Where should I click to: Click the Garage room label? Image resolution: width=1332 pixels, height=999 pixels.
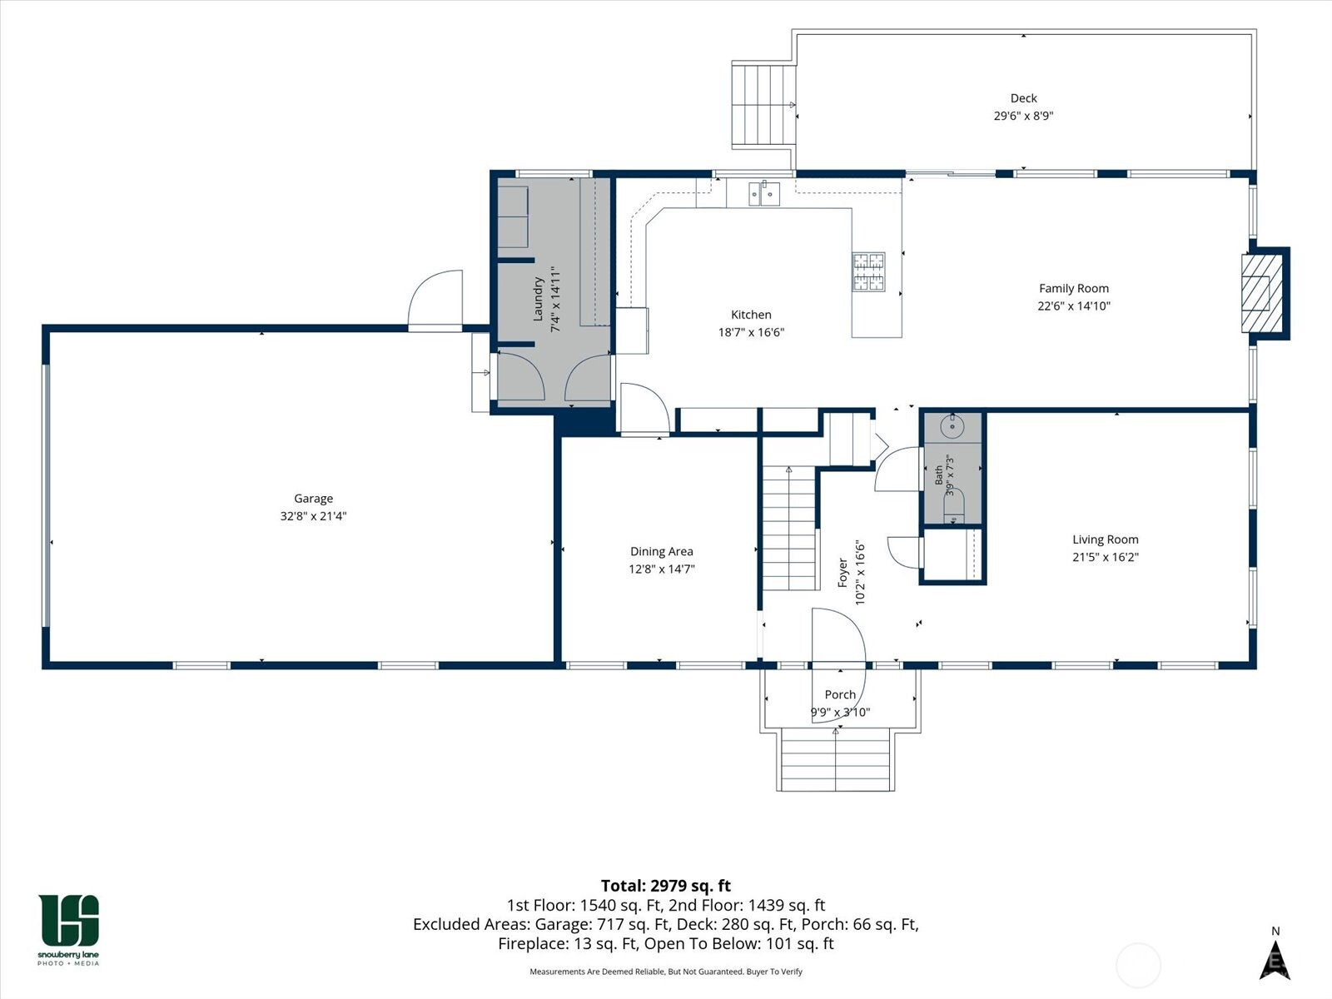pyautogui.click(x=313, y=499)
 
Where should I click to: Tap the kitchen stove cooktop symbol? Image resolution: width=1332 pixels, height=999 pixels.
pyautogui.click(x=868, y=271)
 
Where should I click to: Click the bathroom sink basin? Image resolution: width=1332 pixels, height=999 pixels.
pyautogui.click(x=952, y=426)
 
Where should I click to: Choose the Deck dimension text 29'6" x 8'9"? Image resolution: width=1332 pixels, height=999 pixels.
pyautogui.click(x=1023, y=116)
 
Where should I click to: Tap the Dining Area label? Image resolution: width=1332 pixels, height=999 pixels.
pyautogui.click(x=662, y=551)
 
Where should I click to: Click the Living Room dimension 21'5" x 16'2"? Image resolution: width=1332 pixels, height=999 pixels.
pyautogui.click(x=1105, y=557)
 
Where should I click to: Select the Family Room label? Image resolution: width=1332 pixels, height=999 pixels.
pyautogui.click(x=1073, y=289)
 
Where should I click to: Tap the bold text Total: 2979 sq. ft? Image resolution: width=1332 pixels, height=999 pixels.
pyautogui.click(x=666, y=886)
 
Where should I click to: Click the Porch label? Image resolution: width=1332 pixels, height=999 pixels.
pyautogui.click(x=840, y=694)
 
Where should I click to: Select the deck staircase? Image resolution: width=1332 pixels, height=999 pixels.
pyautogui.click(x=763, y=104)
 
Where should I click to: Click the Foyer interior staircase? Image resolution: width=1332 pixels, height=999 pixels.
pyautogui.click(x=788, y=529)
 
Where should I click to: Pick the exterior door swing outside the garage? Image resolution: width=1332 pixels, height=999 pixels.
pyautogui.click(x=435, y=300)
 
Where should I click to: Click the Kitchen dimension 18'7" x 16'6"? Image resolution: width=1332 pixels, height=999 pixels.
pyautogui.click(x=751, y=332)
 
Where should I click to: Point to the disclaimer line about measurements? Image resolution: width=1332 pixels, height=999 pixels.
pyautogui.click(x=666, y=972)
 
